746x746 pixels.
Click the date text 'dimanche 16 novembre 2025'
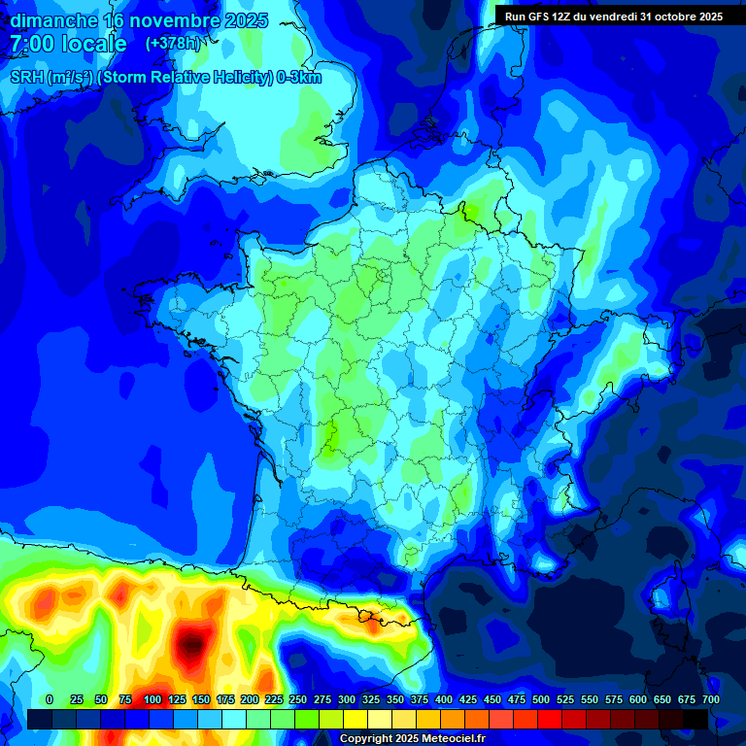click(x=139, y=20)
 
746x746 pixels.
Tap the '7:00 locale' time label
click(x=68, y=44)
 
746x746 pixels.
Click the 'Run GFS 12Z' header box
click(x=613, y=17)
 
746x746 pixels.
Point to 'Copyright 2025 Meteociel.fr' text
click(x=412, y=738)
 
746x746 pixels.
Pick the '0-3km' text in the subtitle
click(x=299, y=78)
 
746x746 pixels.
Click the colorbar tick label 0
click(x=50, y=699)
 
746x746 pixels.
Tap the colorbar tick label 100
click(x=152, y=699)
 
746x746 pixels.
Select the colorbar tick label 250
click(x=298, y=699)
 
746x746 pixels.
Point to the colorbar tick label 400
click(x=444, y=699)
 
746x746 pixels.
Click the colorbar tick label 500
click(x=541, y=699)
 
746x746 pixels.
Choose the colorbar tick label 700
click(x=710, y=699)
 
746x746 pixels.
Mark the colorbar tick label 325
click(x=371, y=699)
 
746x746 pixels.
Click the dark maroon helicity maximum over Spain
click(x=193, y=641)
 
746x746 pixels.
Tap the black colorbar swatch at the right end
click(x=695, y=719)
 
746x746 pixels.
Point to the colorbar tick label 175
click(x=224, y=699)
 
